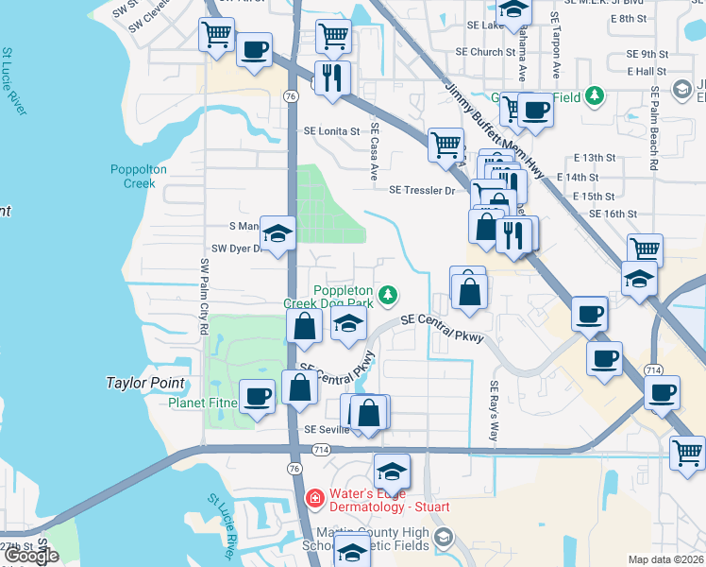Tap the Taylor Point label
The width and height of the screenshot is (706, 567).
point(144,384)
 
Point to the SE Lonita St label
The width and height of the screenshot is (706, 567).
point(331,131)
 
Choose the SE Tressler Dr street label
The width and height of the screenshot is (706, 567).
point(422,190)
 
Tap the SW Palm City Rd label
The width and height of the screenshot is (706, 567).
point(203,296)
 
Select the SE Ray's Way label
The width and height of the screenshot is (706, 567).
point(493,410)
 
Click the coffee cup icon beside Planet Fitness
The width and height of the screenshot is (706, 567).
point(257,398)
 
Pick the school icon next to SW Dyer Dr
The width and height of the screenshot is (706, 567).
point(278,234)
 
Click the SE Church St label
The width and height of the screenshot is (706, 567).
point(484,52)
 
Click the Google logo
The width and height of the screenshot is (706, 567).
point(31,556)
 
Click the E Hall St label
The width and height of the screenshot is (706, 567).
point(647,71)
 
